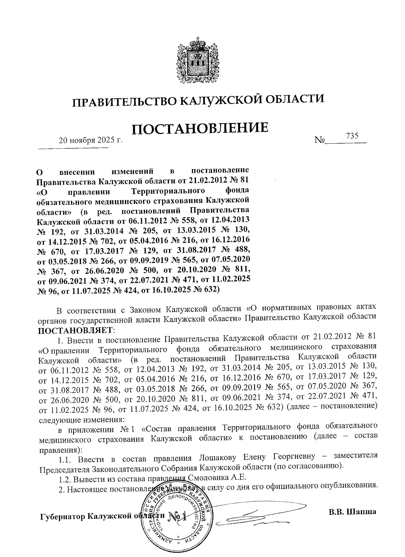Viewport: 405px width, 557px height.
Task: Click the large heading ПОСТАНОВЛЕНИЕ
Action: pyautogui.click(x=200, y=128)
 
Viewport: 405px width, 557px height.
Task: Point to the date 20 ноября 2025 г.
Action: pyautogui.click(x=90, y=140)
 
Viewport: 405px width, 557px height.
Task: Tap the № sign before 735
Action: pyautogui.click(x=319, y=140)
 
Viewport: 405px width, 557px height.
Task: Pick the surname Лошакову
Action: pyautogui.click(x=217, y=457)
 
